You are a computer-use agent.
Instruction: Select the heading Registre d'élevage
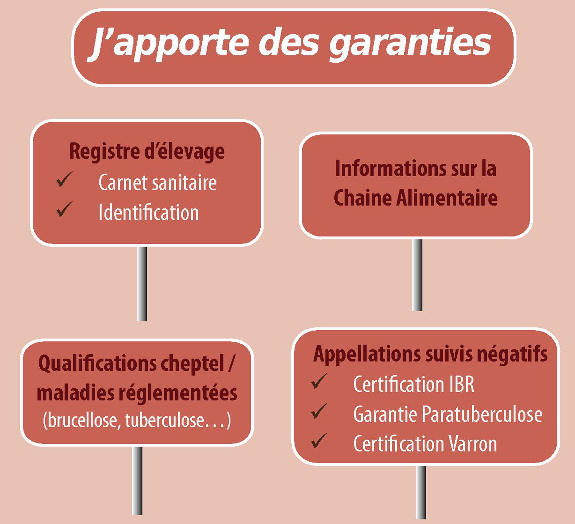coord(147,151)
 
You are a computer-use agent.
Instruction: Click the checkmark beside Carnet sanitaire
coord(65,179)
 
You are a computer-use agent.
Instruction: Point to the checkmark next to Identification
coord(65,209)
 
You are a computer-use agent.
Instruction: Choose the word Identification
coord(149,212)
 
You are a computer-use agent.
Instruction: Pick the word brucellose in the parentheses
coord(81,420)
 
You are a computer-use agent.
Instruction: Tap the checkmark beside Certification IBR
coord(319,381)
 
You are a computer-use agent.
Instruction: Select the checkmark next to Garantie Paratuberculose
coord(319,411)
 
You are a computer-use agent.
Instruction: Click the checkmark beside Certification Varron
coord(319,441)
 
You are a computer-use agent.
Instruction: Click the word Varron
coord(473,444)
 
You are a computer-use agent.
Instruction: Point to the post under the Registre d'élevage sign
coord(142,283)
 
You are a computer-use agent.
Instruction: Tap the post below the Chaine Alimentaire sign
coord(417,275)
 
